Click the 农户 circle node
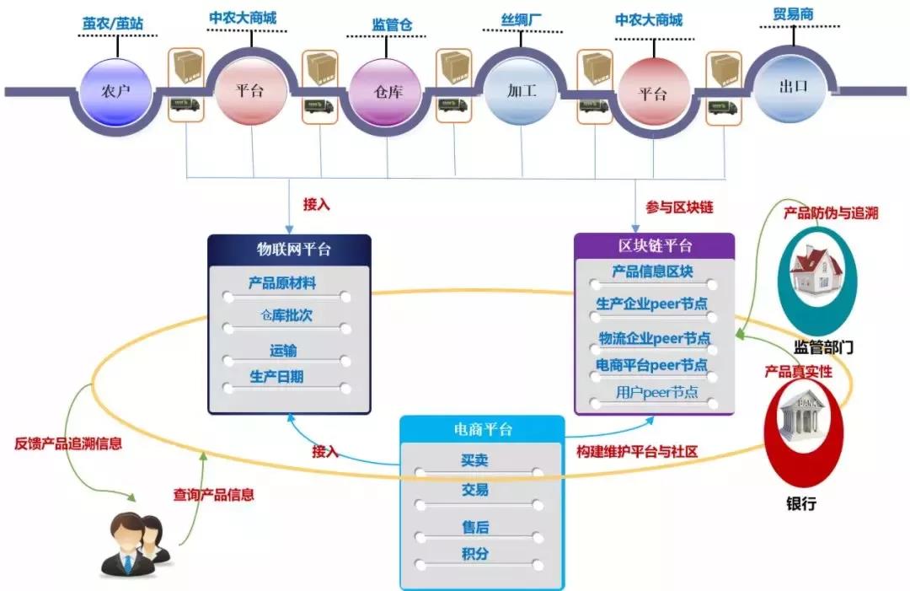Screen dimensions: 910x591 [x=115, y=90]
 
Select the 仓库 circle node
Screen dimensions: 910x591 [x=387, y=91]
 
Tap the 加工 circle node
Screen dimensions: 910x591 [x=522, y=90]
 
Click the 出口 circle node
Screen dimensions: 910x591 [x=791, y=87]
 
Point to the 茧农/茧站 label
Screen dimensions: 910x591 [x=113, y=24]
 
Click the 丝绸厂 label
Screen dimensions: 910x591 [x=522, y=20]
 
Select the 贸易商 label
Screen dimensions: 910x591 [x=793, y=14]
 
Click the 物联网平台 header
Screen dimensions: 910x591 [x=289, y=250]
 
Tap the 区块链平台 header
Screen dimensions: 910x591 [x=655, y=245]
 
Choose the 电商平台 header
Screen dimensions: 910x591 [x=482, y=430]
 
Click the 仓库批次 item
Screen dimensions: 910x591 [x=286, y=315]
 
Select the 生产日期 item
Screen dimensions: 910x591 [x=277, y=377]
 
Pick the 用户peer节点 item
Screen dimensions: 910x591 [x=656, y=392]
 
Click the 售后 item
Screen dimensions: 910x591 [x=475, y=527]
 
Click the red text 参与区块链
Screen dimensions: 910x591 [x=679, y=207]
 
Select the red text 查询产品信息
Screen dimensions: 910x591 [x=213, y=495]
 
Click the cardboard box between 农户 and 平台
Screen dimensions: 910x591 [x=185, y=67]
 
